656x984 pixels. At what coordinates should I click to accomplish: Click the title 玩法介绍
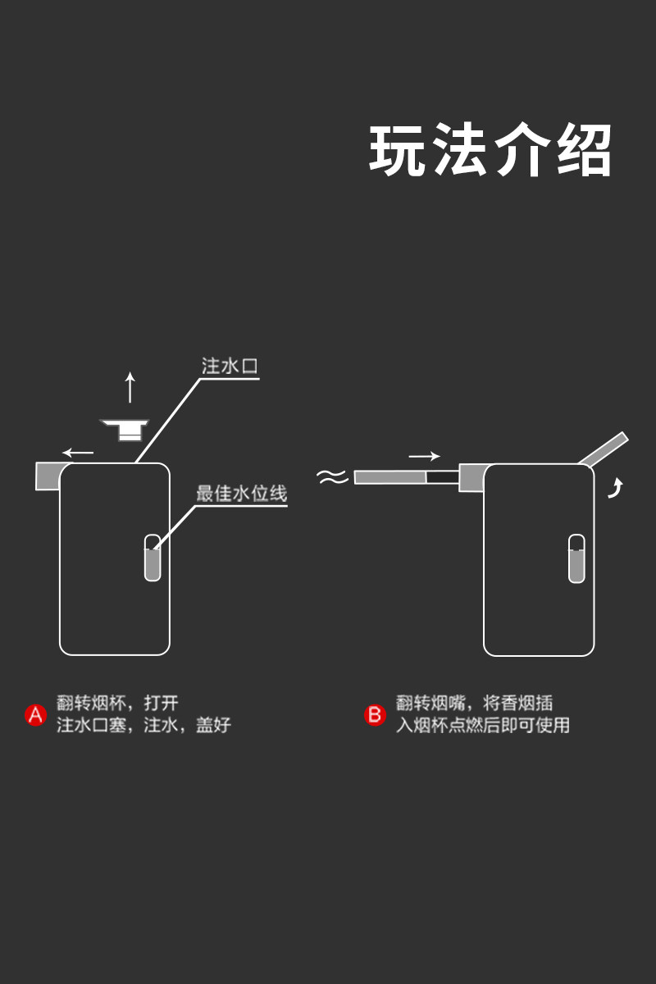490,151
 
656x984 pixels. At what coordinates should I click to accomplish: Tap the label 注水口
230,366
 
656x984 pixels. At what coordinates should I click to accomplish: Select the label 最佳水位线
241,494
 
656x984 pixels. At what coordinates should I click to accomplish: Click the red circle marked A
35,715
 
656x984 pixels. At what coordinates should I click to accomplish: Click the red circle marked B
375,715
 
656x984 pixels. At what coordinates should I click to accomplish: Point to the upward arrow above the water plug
130,387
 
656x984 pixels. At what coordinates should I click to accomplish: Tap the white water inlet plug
125,428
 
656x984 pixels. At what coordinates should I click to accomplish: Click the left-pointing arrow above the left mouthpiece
79,452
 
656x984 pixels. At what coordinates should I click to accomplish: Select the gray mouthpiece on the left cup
48,476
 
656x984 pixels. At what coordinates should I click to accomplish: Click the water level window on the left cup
153,558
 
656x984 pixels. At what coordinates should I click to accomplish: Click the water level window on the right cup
576,558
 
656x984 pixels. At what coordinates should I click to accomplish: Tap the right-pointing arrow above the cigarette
424,456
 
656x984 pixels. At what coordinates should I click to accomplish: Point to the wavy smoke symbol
333,477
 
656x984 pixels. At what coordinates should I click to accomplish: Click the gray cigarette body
389,476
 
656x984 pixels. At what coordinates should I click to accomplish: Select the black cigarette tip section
442,476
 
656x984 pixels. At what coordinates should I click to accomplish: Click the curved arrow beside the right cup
614,490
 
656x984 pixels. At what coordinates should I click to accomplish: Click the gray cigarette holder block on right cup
471,477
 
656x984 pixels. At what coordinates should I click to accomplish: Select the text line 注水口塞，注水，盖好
143,726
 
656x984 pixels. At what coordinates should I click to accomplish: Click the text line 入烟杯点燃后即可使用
483,726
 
